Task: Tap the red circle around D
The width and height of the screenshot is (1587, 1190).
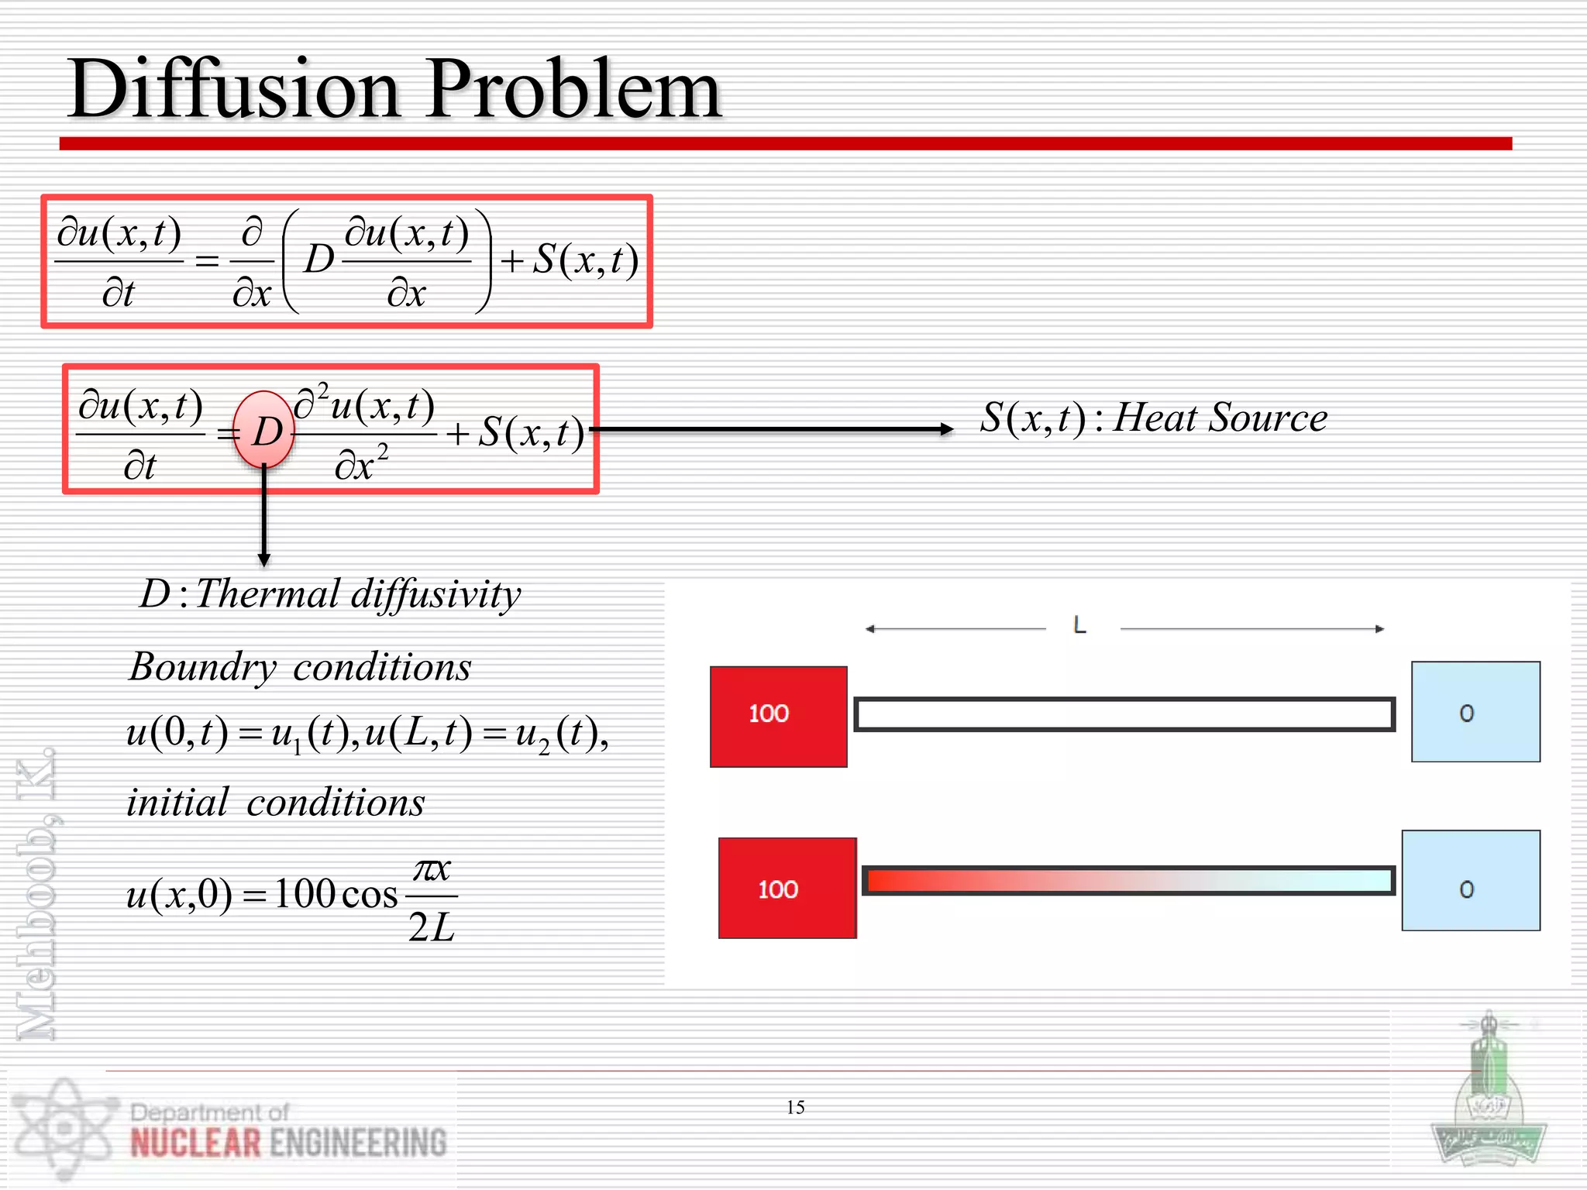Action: (264, 431)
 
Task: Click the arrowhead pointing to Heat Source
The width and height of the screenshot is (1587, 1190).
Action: (946, 429)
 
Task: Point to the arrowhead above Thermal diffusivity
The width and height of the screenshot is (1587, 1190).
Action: (264, 559)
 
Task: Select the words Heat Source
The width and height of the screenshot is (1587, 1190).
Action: (1220, 418)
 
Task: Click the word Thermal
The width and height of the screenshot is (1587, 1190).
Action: (268, 594)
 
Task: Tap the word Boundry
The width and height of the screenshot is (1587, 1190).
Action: (202, 667)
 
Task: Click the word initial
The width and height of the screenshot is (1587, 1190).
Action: (177, 803)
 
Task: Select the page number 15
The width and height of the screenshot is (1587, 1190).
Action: (795, 1107)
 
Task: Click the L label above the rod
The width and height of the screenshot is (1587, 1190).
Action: (1079, 625)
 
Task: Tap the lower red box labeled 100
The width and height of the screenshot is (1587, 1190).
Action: (787, 888)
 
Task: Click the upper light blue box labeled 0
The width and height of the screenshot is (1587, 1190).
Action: (1475, 712)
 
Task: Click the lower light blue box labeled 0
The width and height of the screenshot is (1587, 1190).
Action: (1470, 881)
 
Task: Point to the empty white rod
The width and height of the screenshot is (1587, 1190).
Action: (1124, 714)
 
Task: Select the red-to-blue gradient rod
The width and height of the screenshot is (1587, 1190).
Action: (1128, 881)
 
